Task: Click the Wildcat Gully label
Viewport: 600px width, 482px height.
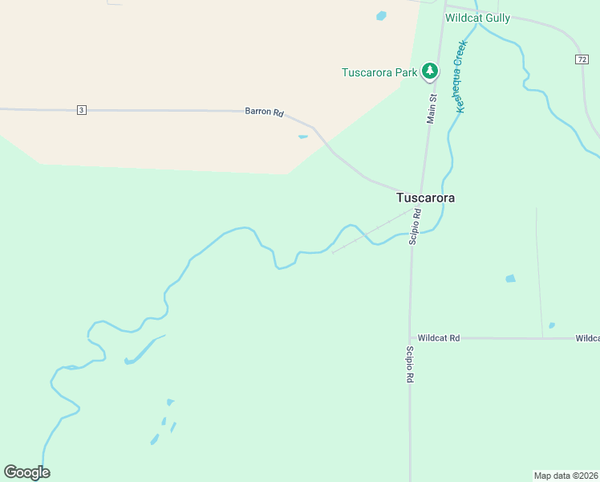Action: [478, 18]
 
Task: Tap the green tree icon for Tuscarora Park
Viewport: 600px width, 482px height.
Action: [431, 71]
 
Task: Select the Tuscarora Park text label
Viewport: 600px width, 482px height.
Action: [379, 72]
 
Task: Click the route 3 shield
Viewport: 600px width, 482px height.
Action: [81, 110]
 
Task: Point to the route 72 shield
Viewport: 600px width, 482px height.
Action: [582, 59]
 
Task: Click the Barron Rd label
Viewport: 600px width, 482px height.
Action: [264, 112]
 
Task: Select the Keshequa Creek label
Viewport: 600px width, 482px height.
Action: [460, 78]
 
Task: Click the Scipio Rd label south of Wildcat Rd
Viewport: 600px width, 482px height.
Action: [409, 364]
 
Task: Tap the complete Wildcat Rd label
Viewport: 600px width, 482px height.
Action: [439, 338]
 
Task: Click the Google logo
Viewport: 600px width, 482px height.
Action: [26, 472]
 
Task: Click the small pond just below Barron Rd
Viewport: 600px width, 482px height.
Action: [302, 137]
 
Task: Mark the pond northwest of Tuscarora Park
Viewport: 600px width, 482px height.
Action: [381, 15]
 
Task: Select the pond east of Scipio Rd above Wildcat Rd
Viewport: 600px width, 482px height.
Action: [510, 279]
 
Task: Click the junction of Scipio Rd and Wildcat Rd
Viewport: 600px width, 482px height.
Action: [410, 338]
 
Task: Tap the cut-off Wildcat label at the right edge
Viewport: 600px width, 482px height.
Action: [588, 338]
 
